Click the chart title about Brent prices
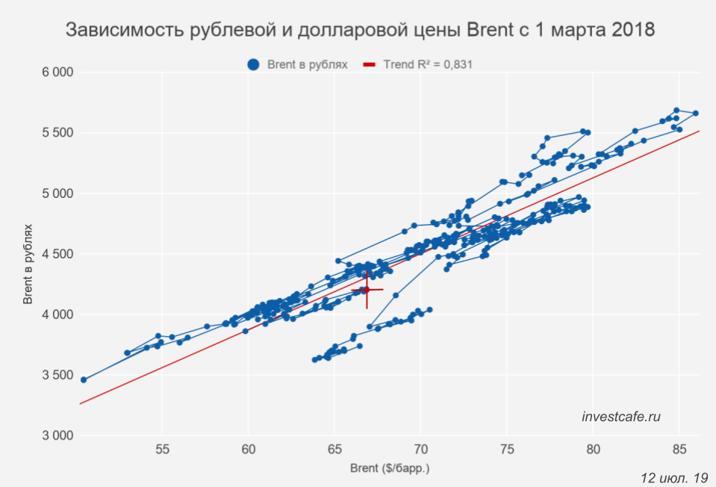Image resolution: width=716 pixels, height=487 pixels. click(360, 31)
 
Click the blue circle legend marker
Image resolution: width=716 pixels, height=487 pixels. click(255, 65)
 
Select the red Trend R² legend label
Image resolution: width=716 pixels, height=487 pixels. click(428, 65)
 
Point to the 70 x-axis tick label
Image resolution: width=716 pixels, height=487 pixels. click(420, 450)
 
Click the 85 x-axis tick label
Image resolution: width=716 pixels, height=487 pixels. click(679, 450)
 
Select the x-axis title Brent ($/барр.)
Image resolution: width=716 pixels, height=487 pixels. click(390, 469)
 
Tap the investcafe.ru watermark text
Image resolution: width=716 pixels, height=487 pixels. click(621, 417)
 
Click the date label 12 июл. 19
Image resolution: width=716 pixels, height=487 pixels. click(674, 477)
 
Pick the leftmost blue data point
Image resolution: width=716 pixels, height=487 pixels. click(84, 379)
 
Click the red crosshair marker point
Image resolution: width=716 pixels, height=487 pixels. click(367, 290)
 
